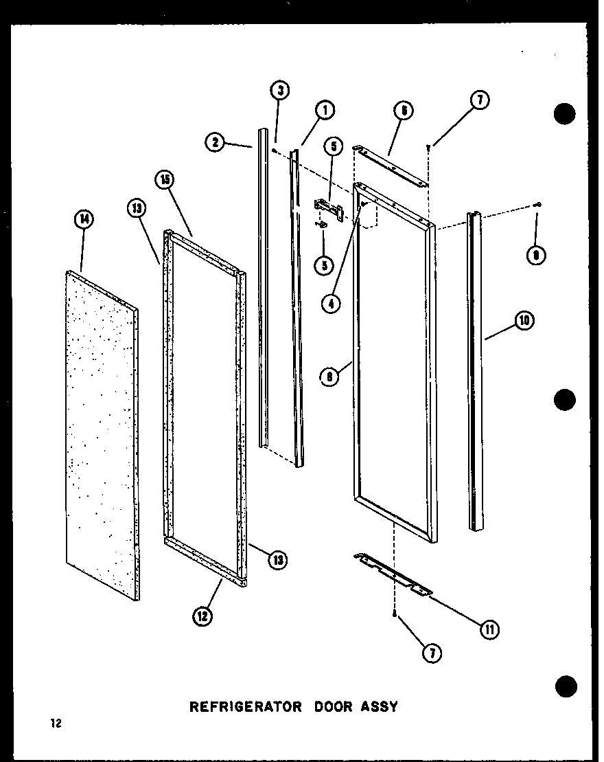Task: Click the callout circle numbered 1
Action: point(325,109)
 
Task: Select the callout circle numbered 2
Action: point(215,142)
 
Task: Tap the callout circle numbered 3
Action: point(279,90)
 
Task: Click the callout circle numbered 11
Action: point(490,629)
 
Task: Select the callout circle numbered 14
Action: point(84,219)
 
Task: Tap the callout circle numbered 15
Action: point(165,179)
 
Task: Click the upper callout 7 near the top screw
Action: point(478,100)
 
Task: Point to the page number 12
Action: point(54,724)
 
